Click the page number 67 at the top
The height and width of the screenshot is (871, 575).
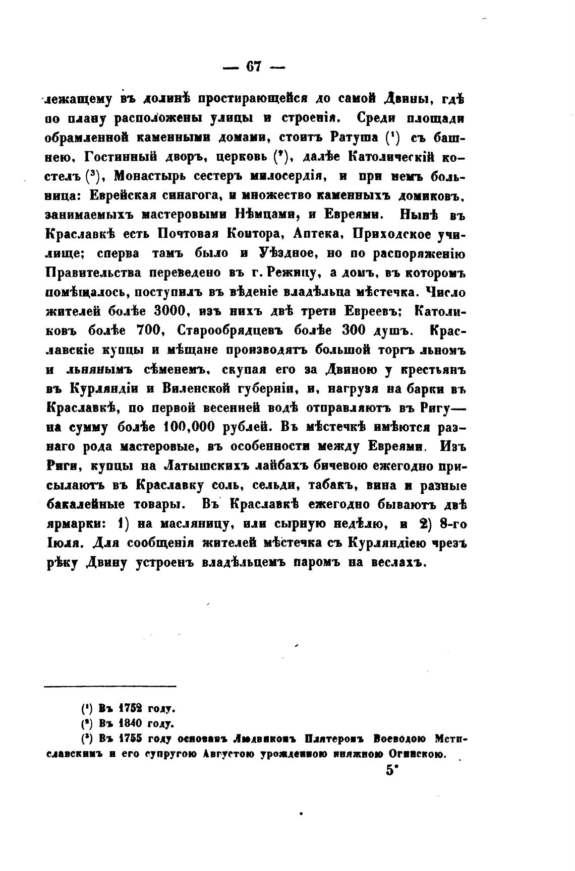click(253, 67)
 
